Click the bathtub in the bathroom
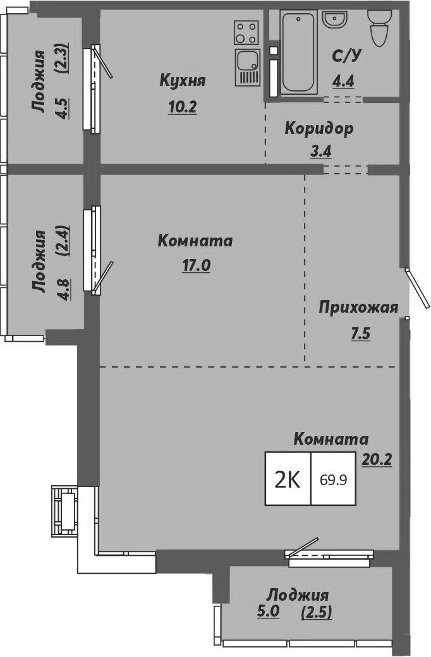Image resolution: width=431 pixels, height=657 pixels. click(298, 53)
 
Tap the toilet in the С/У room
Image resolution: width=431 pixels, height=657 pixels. click(380, 28)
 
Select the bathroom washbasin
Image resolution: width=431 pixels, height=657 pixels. click(334, 19)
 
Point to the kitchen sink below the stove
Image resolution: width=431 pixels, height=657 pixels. click(246, 66)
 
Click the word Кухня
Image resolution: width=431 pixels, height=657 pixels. click(183, 81)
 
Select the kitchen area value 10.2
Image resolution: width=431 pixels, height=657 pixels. click(183, 107)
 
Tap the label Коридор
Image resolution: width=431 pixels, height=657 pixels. click(319, 128)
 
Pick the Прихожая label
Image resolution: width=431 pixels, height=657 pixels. click(358, 308)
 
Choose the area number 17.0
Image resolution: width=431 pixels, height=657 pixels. click(196, 266)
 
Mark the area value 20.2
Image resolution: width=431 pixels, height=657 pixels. click(377, 459)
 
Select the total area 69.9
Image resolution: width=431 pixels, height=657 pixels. click(333, 479)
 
